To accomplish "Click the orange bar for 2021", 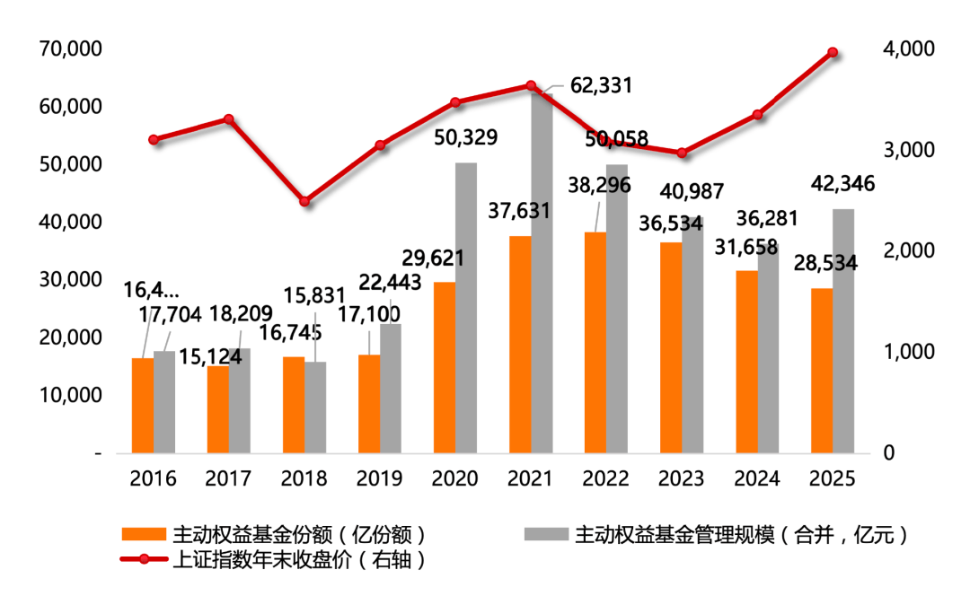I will coord(520,345).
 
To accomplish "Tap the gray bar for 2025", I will coord(843,331).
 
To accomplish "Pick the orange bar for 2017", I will coord(218,409).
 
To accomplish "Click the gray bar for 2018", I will coord(315,408).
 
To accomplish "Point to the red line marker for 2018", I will coord(304,201).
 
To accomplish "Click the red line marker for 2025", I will coord(833,52).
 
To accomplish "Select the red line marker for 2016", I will coord(154,140).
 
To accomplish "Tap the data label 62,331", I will coord(601,86).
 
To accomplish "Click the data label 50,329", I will coord(466,138).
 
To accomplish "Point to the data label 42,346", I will coord(843,184).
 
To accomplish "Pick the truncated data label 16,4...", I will coord(152,289).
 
